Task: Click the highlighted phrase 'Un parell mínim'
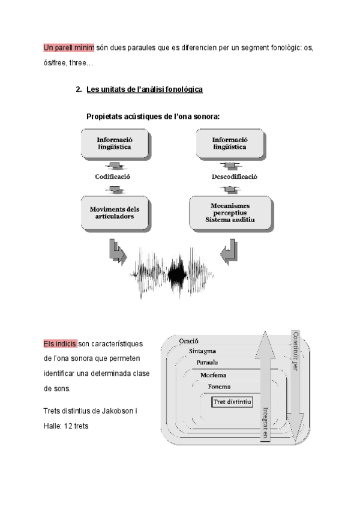(x=69, y=48)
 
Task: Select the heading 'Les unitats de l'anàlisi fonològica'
(x=145, y=89)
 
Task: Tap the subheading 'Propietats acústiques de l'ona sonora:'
(x=153, y=116)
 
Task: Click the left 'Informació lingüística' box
(x=113, y=145)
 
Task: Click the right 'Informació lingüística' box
(x=229, y=145)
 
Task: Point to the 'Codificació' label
(x=113, y=177)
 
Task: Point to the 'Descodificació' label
(x=235, y=177)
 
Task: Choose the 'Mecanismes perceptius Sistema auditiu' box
(x=230, y=213)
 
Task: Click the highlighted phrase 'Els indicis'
(x=60, y=344)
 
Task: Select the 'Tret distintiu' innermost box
(x=232, y=400)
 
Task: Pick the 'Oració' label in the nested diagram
(x=189, y=341)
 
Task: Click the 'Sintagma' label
(x=202, y=351)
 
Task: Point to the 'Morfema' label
(x=214, y=375)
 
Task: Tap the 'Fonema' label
(x=219, y=387)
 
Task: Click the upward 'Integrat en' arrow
(x=265, y=390)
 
